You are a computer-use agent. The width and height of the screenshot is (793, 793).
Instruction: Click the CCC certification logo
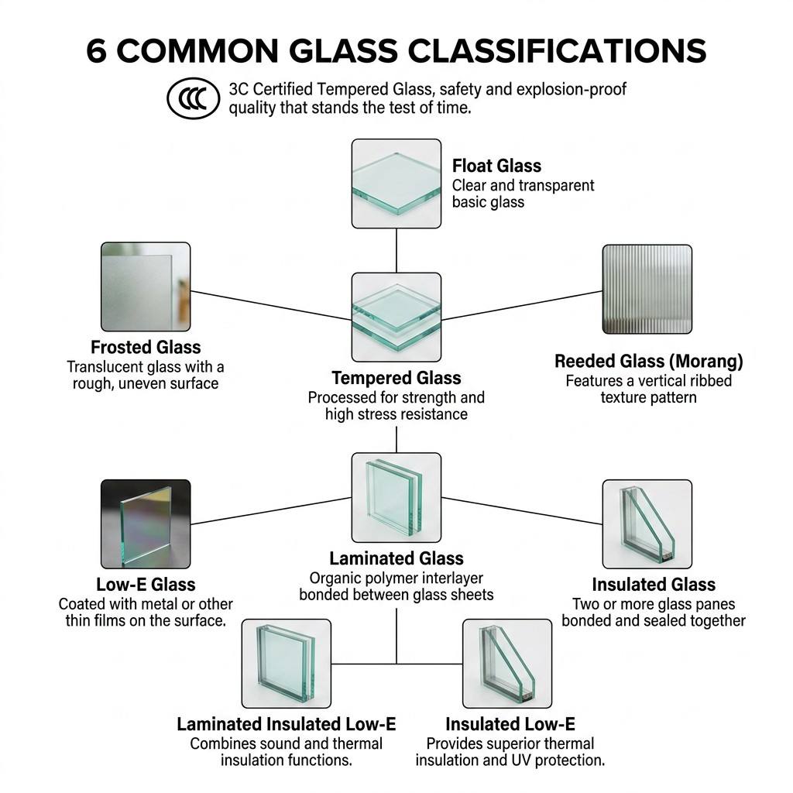pos(193,98)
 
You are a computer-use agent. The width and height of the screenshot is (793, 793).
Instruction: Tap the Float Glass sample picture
pos(396,184)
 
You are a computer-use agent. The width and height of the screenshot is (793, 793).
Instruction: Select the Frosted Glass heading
pos(146,348)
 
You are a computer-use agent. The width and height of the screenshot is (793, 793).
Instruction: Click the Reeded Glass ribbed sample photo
pos(647,290)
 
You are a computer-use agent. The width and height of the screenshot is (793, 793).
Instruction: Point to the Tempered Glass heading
pos(396,378)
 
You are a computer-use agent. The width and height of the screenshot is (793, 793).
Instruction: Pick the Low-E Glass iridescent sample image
pos(146,524)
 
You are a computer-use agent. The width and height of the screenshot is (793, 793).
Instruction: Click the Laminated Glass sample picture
pos(396,498)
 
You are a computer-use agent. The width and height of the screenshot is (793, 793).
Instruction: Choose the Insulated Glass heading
pos(654,585)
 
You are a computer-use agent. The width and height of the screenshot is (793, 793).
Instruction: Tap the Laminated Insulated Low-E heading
pos(287,724)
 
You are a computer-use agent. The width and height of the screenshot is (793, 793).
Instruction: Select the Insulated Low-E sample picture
pos(506,664)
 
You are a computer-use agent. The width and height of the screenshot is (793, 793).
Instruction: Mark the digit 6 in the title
pos(96,50)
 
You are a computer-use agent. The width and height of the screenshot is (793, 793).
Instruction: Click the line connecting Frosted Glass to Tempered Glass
pos(271,305)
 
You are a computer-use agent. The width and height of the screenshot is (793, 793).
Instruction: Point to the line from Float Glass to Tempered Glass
pos(396,250)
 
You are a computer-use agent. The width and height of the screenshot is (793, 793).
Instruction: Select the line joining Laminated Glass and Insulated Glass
pos(521,511)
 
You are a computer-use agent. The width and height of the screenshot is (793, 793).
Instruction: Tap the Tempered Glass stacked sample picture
pos(396,317)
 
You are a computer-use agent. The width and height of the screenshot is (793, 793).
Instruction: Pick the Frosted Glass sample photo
pos(146,287)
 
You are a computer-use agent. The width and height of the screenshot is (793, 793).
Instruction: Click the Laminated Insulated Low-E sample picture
pos(287,664)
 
